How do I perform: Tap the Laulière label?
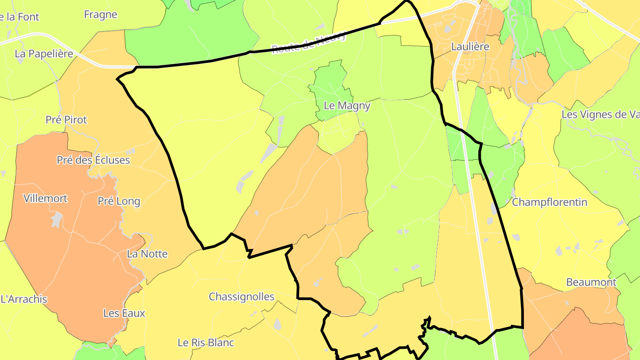tap(470, 46)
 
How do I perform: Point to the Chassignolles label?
tap(242, 296)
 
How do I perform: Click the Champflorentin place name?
tap(549, 202)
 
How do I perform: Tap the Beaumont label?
tap(591, 282)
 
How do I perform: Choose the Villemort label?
tap(45, 198)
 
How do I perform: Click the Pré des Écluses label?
tap(93, 160)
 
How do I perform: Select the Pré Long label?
tap(119, 201)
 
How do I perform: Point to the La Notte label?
tap(147, 254)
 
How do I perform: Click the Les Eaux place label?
tap(124, 313)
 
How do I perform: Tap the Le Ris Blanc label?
tap(206, 343)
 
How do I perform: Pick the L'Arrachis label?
tap(24, 299)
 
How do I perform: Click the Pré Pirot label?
tap(66, 120)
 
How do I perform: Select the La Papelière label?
tap(44, 54)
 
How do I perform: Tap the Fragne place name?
tap(100, 15)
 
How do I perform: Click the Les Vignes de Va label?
tap(600, 114)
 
